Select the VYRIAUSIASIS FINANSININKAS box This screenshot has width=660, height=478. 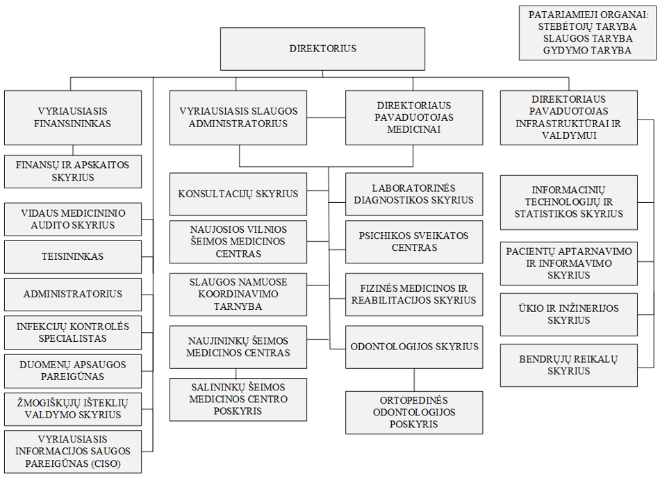[73, 117]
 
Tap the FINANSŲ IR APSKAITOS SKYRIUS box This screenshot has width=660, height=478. [73, 172]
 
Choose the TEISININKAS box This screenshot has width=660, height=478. [73, 256]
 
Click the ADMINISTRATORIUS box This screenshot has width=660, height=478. [73, 294]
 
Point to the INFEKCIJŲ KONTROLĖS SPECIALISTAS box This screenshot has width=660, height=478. [73, 333]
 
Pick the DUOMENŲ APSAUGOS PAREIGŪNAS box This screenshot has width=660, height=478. [73, 371]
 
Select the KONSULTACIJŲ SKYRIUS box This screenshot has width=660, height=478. [238, 194]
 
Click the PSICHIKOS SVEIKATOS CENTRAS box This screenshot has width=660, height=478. [414, 242]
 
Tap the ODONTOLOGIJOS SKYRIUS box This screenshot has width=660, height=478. [414, 347]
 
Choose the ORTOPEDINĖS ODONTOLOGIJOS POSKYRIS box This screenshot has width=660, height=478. [414, 412]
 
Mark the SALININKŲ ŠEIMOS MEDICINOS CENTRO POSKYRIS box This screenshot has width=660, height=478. [238, 399]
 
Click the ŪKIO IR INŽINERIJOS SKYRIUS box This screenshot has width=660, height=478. [568, 314]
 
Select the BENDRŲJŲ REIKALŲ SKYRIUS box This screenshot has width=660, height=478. [568, 365]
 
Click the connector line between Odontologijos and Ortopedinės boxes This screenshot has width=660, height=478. [415, 379]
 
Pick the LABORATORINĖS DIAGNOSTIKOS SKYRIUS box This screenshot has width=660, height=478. [414, 194]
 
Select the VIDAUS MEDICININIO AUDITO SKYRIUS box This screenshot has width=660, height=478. [73, 220]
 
